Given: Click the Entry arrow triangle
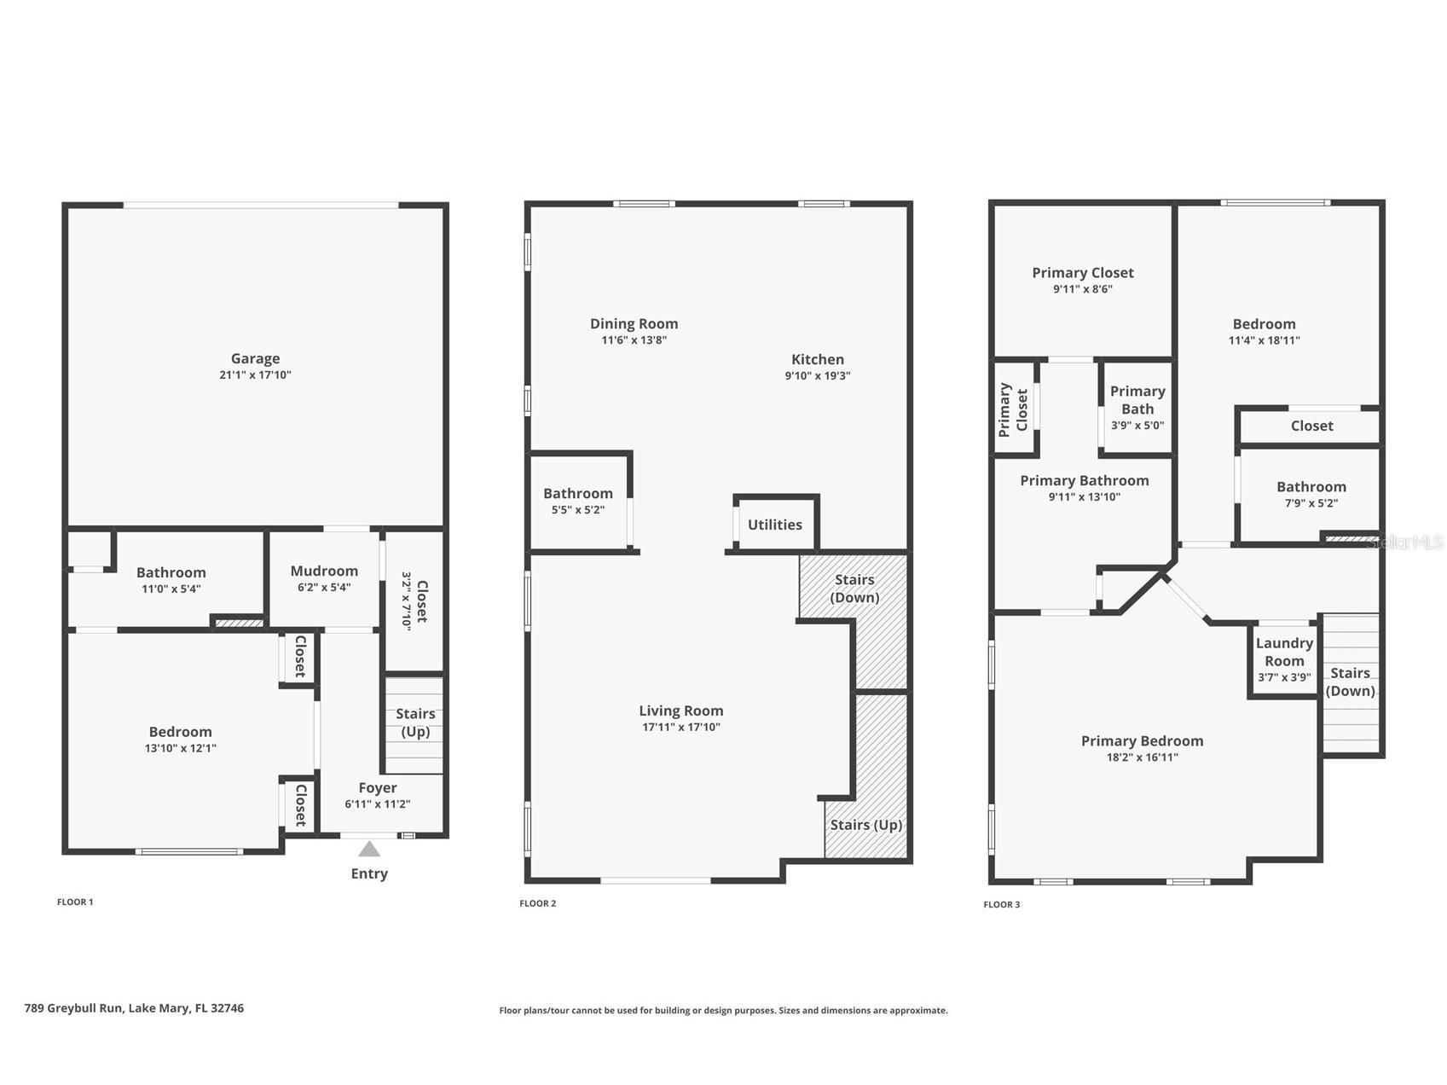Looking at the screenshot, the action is point(369,849).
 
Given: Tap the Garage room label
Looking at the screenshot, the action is point(255,359).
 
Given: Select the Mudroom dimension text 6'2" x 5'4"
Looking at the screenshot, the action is point(324,588).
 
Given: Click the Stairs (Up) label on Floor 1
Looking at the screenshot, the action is point(415,722).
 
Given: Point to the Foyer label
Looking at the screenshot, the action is point(378,788).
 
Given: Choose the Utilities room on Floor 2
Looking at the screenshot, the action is point(775,525).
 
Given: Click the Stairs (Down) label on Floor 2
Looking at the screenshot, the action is point(854,589).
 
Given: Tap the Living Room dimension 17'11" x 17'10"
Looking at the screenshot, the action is point(681,728).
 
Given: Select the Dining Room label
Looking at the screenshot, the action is point(634,324).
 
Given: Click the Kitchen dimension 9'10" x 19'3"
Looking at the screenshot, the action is point(818,376).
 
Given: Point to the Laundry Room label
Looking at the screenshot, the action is point(1284,653).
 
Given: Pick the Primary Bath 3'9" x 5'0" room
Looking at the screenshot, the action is point(1137,407).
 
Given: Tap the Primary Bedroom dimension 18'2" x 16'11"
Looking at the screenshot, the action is point(1143,757).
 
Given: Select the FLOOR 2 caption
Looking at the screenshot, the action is point(538,903).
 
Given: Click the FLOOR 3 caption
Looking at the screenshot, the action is point(1002,904).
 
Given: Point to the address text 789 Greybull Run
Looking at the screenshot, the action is point(74,1008).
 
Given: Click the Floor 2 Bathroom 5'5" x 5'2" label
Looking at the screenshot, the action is point(578,501).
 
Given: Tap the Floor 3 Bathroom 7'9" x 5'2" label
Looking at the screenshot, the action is point(1311,495).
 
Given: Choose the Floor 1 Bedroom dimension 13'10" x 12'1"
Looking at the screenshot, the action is point(181,749).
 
